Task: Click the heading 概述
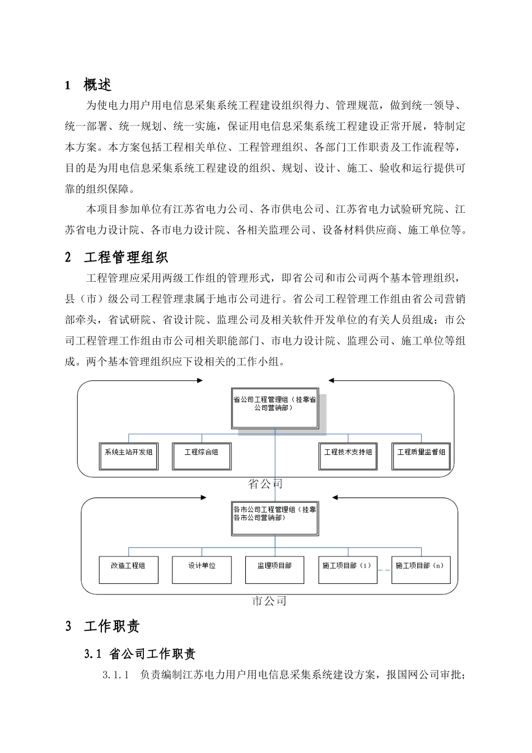click(x=97, y=85)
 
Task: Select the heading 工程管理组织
click(x=126, y=258)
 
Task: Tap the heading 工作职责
click(x=112, y=627)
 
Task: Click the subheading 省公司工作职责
click(x=152, y=654)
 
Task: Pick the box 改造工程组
click(x=129, y=570)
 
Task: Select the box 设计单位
click(x=202, y=570)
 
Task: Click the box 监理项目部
click(x=274, y=570)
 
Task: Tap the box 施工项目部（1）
click(x=348, y=570)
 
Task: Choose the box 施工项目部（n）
click(x=421, y=570)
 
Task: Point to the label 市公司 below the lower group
click(x=269, y=602)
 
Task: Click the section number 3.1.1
click(x=116, y=676)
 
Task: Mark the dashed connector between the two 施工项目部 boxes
click(x=384, y=570)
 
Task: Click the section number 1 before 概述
click(x=68, y=86)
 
